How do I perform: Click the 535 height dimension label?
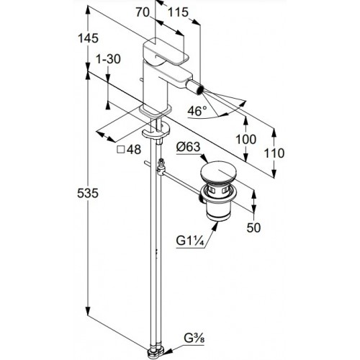[88, 193]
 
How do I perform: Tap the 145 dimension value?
[89, 38]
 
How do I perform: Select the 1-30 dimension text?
[108, 59]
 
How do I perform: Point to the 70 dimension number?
[143, 12]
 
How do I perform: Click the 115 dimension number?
[178, 12]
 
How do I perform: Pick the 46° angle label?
[197, 111]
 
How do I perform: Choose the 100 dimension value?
[246, 139]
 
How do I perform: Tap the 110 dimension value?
[274, 153]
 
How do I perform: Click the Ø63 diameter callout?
[188, 147]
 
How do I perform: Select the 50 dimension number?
[253, 228]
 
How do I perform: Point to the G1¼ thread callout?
[190, 241]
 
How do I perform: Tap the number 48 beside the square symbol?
[134, 150]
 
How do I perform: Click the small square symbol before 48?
[121, 150]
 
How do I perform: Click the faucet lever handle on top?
[166, 52]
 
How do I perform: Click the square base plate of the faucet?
[156, 110]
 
